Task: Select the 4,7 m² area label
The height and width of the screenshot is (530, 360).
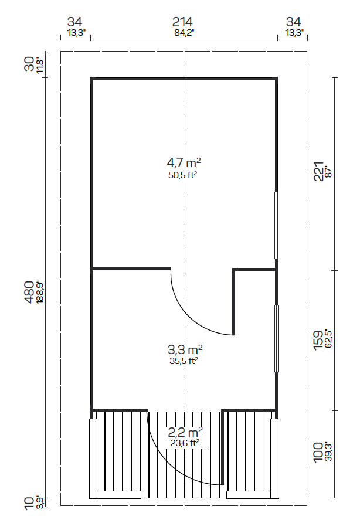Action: point(184,162)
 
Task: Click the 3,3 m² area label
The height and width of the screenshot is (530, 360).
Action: point(184,350)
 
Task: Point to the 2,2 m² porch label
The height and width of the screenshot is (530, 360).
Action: point(184,433)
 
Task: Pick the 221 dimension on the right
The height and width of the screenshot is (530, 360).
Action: point(318,172)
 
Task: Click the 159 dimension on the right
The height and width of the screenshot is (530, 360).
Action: point(318,341)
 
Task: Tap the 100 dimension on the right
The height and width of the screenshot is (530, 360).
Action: point(318,453)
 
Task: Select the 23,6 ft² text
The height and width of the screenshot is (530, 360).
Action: point(184,443)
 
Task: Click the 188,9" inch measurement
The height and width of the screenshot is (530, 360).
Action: point(40,291)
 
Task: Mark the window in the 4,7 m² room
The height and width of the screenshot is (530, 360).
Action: point(276,225)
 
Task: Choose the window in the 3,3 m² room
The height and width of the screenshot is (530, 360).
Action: point(276,338)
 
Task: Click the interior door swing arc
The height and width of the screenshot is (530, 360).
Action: point(193,314)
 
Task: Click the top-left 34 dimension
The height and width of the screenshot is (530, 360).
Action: point(76,22)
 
